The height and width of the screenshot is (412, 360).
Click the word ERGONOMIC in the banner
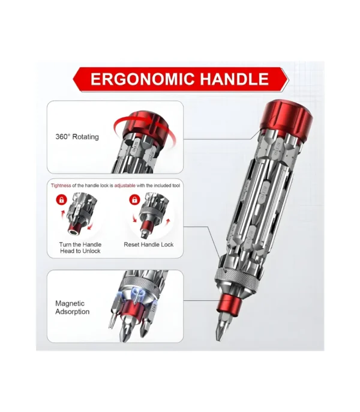click(x=140, y=79)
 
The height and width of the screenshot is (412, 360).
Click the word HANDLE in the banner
click(x=234, y=79)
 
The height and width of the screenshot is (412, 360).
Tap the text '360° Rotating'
click(x=77, y=137)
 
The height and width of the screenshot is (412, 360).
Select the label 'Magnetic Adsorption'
click(x=73, y=307)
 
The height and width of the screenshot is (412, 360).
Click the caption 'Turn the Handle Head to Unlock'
click(x=80, y=247)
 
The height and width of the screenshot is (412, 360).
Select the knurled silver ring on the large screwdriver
click(x=235, y=277)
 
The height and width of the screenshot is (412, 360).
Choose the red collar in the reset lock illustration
click(x=148, y=226)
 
